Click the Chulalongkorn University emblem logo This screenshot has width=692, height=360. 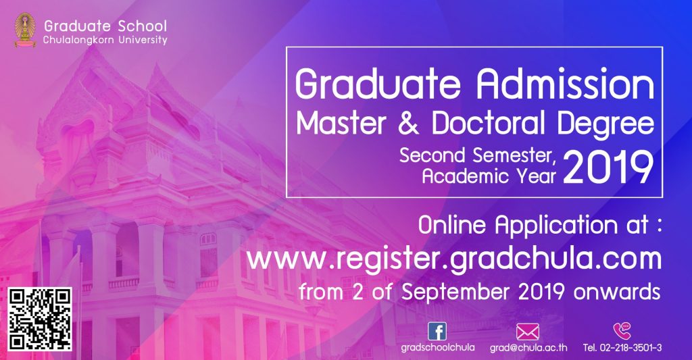[x=25, y=30]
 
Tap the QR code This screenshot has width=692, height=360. [x=40, y=319]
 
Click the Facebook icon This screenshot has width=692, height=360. [x=437, y=332]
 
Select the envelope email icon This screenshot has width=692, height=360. [x=527, y=332]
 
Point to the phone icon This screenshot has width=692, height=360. [x=622, y=331]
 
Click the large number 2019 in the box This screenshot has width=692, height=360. [x=608, y=168]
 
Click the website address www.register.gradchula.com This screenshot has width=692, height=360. [x=454, y=259]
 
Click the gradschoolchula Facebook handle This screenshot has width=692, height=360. [x=438, y=348]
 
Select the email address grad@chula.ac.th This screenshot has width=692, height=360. [x=528, y=348]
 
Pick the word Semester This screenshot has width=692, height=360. [x=514, y=156]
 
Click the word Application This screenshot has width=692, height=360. [x=556, y=226]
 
